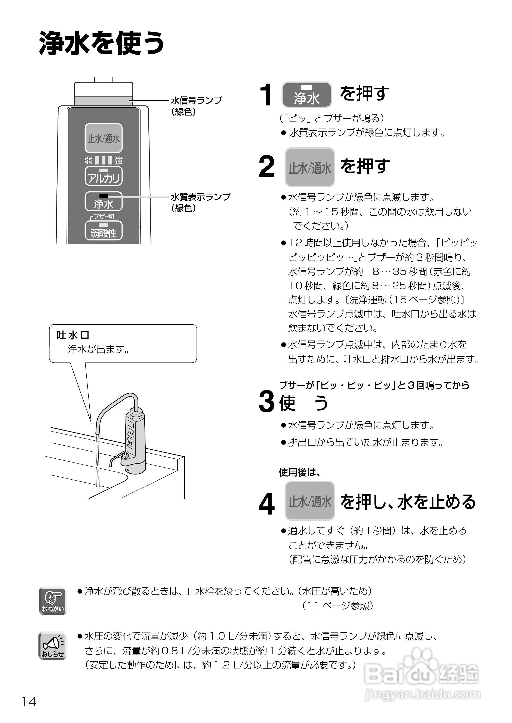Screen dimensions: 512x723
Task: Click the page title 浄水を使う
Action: pyautogui.click(x=102, y=43)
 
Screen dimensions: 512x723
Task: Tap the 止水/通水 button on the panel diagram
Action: pyautogui.click(x=104, y=138)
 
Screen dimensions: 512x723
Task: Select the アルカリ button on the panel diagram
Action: pyautogui.click(x=104, y=176)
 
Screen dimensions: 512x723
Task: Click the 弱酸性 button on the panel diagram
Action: pyautogui.click(x=104, y=231)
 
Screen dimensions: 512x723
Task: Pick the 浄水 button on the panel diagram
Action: pyautogui.click(x=104, y=202)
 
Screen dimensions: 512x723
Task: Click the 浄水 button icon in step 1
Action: pyautogui.click(x=306, y=95)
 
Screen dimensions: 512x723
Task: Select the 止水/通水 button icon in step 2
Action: pyautogui.click(x=310, y=167)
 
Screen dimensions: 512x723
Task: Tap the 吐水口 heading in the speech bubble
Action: pyautogui.click(x=73, y=335)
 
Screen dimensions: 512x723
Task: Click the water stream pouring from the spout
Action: pyautogui.click(x=97, y=460)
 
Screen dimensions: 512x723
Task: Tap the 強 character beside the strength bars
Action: pyautogui.click(x=118, y=161)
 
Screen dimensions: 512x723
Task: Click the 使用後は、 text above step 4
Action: pyautogui.click(x=299, y=472)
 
